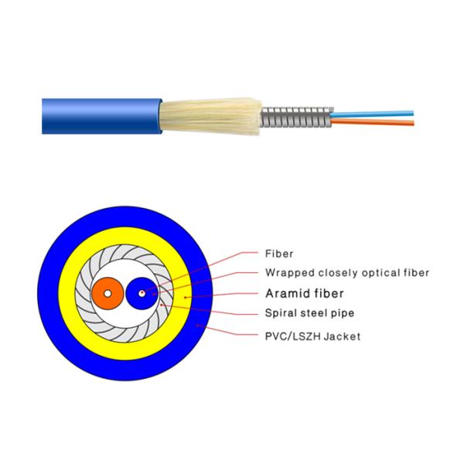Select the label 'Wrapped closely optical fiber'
(x=346, y=272)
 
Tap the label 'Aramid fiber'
(x=304, y=294)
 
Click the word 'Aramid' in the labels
(x=286, y=294)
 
